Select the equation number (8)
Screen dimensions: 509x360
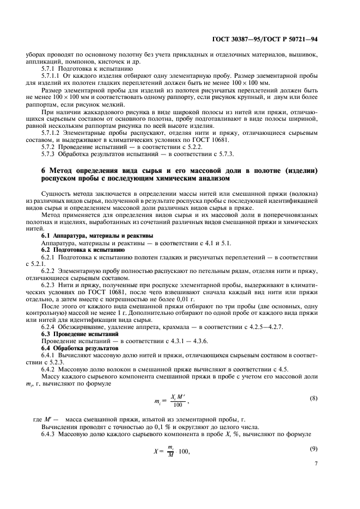(313, 398)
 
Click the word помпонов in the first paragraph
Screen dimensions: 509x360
(81, 62)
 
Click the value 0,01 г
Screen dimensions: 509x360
(195, 299)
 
